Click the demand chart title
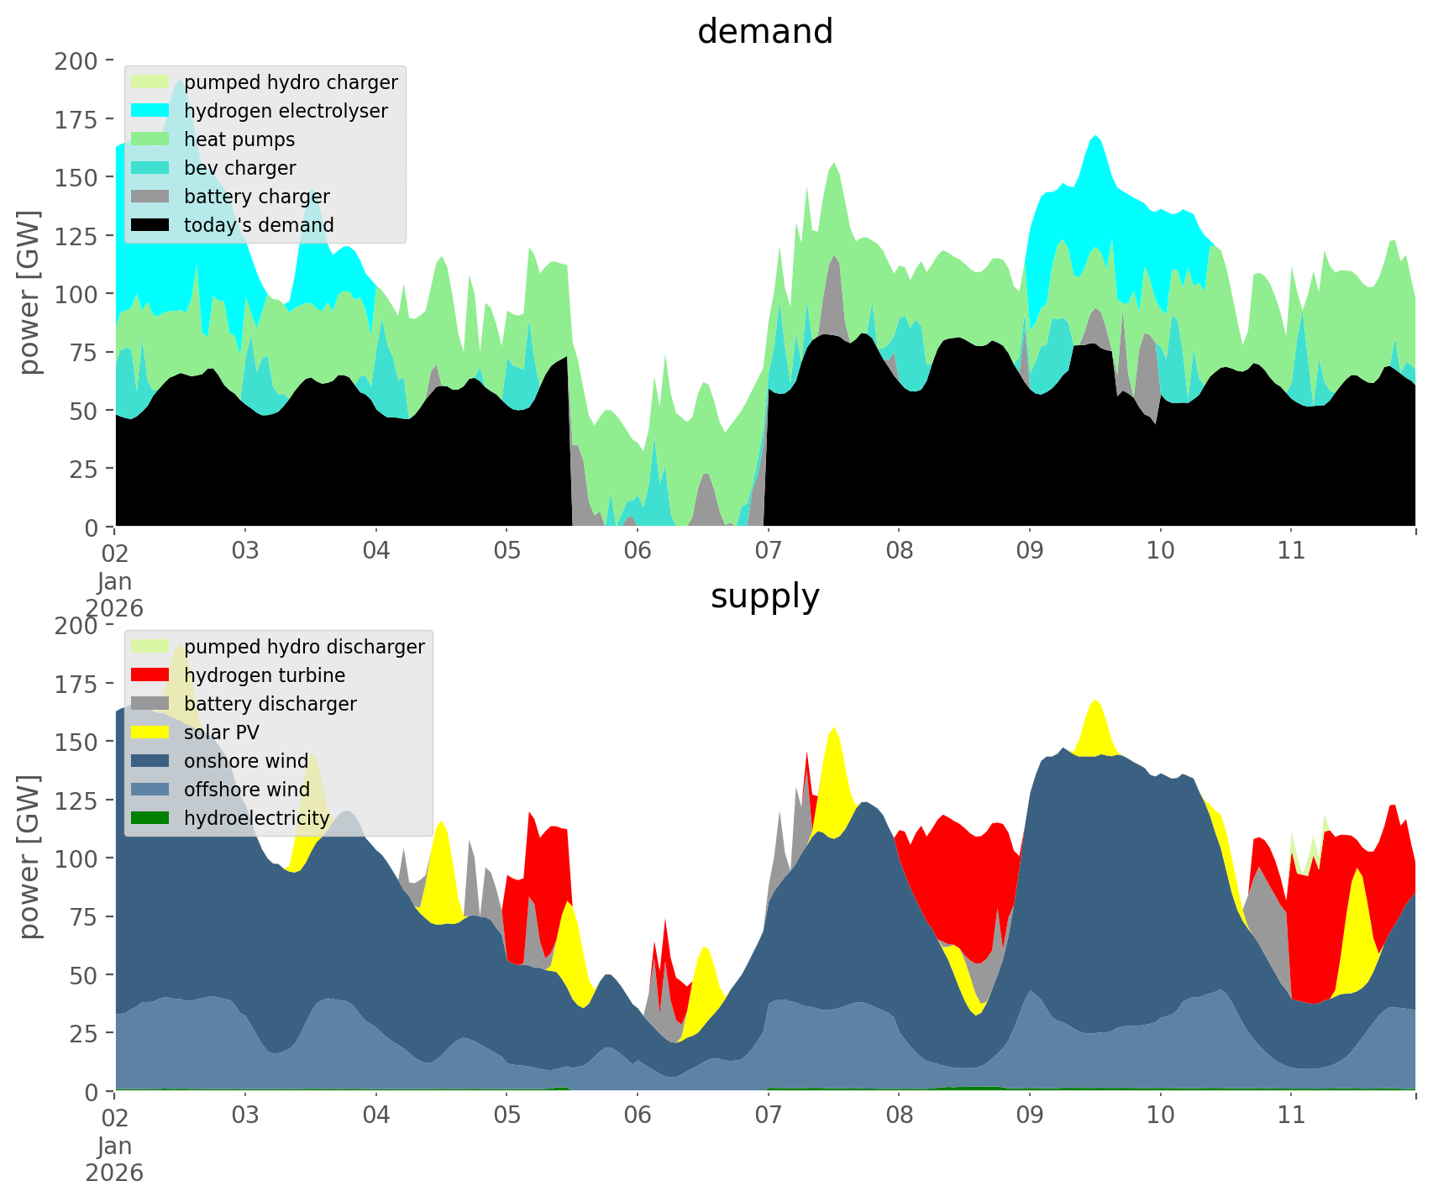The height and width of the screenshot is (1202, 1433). click(764, 32)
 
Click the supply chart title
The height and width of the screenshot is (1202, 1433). click(764, 596)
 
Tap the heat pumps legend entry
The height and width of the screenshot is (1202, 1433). click(239, 139)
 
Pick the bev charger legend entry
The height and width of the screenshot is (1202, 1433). click(239, 168)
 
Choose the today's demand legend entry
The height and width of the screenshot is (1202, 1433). click(259, 225)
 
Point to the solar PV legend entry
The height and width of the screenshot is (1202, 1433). click(222, 732)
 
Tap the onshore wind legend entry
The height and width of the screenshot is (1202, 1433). click(246, 761)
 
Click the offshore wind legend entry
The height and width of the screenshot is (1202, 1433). click(247, 790)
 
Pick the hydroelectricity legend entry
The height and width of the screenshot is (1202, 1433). click(257, 818)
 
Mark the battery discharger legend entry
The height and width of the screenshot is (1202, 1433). click(270, 704)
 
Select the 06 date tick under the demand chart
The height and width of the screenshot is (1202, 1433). click(638, 551)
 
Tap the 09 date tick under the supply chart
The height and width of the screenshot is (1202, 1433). click(1029, 1115)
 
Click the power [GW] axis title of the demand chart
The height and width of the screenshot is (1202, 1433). click(29, 292)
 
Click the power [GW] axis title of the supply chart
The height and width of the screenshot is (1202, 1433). click(29, 857)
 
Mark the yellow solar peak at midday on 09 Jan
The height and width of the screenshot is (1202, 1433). click(1095, 722)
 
